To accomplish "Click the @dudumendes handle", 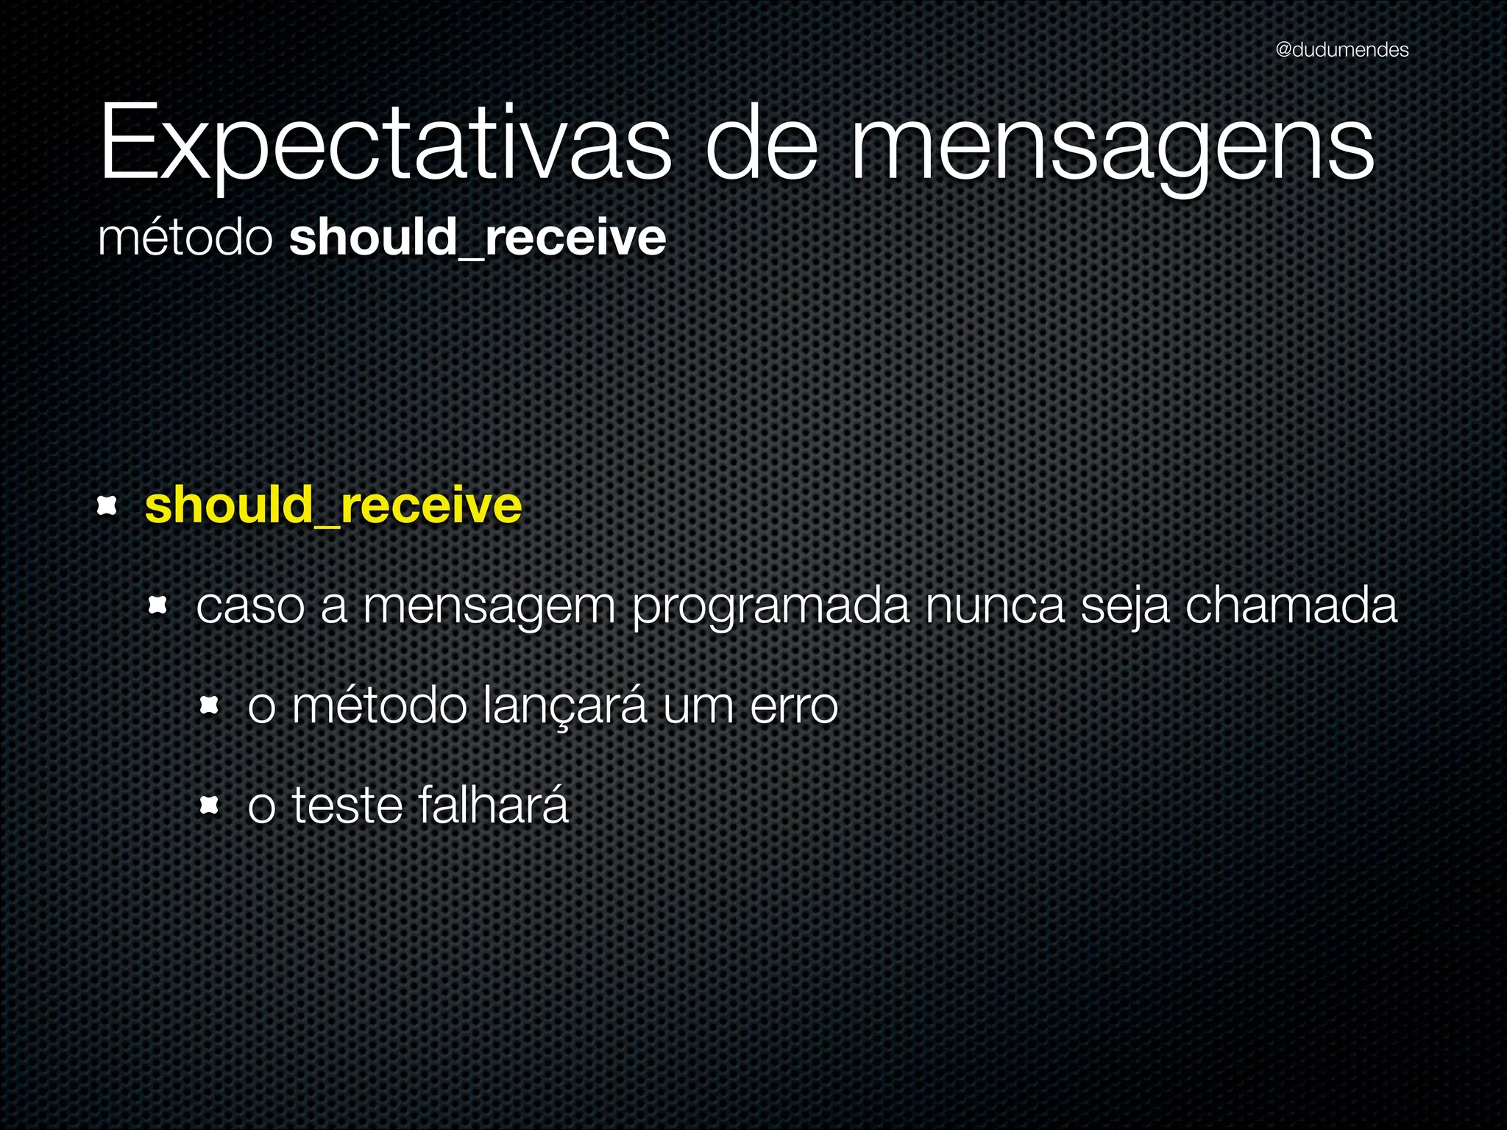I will (x=1341, y=50).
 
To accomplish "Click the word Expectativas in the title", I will (x=384, y=143).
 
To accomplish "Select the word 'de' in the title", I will (x=761, y=143).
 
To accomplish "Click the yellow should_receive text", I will (x=333, y=506).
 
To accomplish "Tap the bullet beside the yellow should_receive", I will (x=107, y=505).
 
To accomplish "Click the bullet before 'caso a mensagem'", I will (x=158, y=605).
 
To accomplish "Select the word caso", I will (x=250, y=607).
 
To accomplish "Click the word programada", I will (x=770, y=607).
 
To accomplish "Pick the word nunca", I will (x=994, y=607).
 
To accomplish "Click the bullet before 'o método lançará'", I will (x=210, y=706).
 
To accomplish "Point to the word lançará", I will (x=565, y=706).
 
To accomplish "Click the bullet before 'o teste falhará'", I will (x=210, y=806).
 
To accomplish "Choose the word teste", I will (x=347, y=806).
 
